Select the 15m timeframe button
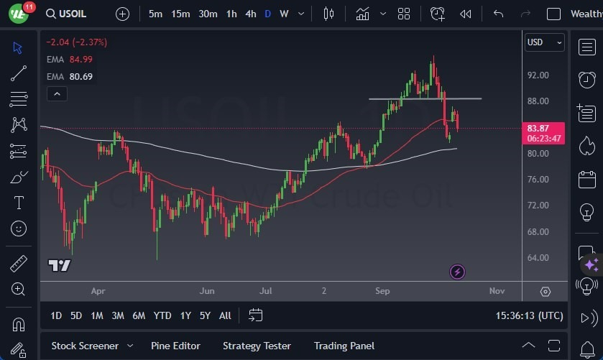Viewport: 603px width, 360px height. [180, 14]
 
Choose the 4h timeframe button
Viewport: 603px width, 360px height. [250, 14]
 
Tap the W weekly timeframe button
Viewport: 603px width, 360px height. [284, 14]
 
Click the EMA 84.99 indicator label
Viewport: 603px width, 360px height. [70, 59]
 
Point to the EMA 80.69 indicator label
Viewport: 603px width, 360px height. [70, 76]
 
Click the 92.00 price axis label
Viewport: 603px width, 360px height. [538, 75]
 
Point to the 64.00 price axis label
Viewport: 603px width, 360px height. [538, 258]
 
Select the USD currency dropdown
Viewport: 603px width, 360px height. [544, 42]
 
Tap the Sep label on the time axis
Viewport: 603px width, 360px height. [382, 291]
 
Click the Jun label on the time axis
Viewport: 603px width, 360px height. [207, 291]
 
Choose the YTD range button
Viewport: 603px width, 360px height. [162, 315]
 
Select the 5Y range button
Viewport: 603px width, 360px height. [205, 315]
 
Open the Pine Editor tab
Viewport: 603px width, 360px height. [175, 346]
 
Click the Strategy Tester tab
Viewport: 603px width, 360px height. [257, 346]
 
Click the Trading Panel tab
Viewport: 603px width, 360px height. [344, 346]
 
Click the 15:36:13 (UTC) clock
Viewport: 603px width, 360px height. [530, 315]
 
